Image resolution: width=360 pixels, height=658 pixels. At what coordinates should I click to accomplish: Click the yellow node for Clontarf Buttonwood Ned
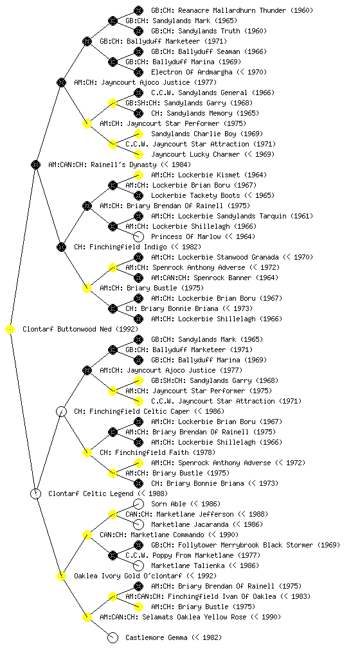pyautogui.click(x=10, y=330)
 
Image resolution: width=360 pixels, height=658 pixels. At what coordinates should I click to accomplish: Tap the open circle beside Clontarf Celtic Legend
pyautogui.click(x=36, y=494)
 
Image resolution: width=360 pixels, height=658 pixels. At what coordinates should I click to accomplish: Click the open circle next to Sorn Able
pyautogui.click(x=138, y=504)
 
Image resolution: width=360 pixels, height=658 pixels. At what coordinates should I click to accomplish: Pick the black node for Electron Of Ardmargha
pyautogui.click(x=138, y=72)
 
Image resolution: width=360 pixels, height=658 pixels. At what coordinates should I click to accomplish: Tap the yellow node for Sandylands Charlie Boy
pyautogui.click(x=138, y=134)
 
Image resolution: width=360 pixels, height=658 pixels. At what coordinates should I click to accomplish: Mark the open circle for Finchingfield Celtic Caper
pyautogui.click(x=62, y=412)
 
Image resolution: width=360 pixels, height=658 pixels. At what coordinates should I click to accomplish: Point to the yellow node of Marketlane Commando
pyautogui.click(x=87, y=535)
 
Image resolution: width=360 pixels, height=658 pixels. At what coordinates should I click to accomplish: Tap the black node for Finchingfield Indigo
pyautogui.click(x=62, y=247)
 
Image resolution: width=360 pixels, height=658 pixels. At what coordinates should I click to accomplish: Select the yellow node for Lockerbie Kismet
pyautogui.click(x=138, y=175)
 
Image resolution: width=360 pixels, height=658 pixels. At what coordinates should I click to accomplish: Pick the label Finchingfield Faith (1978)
pyautogui.click(x=157, y=453)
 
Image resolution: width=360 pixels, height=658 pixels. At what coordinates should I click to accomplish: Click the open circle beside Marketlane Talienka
pyautogui.click(x=138, y=565)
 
